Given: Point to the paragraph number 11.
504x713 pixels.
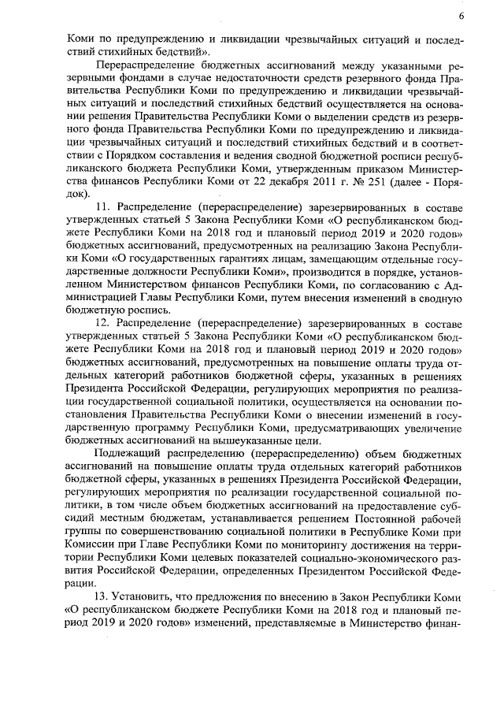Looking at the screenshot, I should tap(102, 207).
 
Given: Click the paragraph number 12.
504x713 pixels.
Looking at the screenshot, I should tap(102, 323).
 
